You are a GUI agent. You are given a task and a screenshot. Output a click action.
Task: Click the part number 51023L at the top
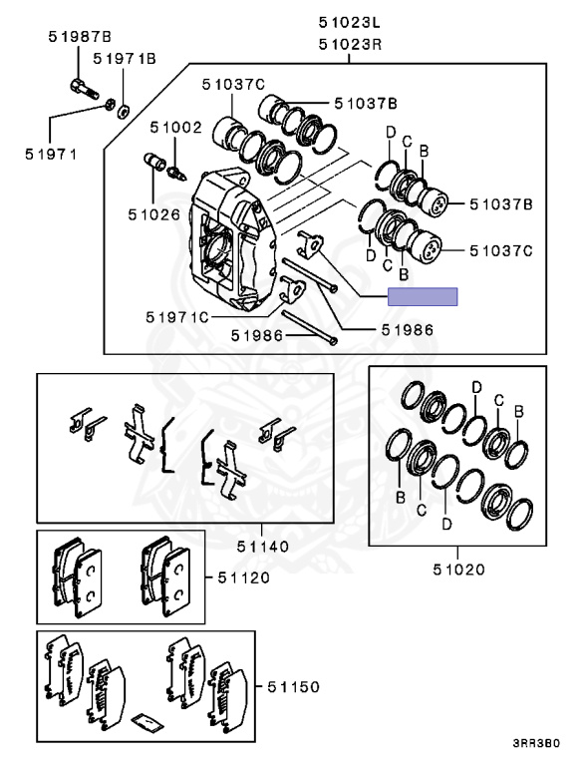(x=349, y=23)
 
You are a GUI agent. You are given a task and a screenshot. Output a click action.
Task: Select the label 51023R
(x=350, y=45)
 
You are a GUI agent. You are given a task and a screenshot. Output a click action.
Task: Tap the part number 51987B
(x=80, y=37)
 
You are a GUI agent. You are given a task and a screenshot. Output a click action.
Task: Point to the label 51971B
(x=124, y=59)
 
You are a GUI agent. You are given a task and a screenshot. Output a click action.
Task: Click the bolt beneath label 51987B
(x=84, y=89)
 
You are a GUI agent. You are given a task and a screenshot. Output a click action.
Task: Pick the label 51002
(x=175, y=128)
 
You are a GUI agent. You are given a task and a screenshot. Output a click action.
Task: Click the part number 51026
(x=154, y=214)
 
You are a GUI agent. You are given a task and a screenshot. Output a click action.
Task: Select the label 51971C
(x=177, y=317)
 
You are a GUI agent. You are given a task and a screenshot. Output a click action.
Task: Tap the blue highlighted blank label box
(x=423, y=296)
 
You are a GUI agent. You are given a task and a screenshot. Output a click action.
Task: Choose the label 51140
(x=263, y=547)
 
